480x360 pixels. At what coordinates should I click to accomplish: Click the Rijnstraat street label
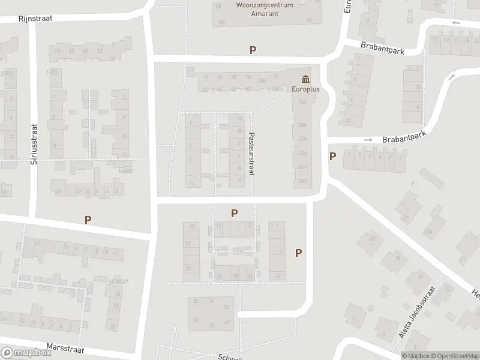pos(35,18)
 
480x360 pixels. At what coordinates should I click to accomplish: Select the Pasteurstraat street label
pos(252,154)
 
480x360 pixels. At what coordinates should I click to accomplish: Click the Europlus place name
pos(306,89)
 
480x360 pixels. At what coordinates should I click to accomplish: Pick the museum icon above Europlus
pos(306,79)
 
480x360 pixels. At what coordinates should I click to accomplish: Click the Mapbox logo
pos(25,353)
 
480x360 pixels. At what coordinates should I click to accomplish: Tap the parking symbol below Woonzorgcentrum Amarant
pos(253,50)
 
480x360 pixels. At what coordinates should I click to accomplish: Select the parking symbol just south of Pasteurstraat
pos(235,213)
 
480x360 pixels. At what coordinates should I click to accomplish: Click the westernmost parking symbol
pos(88,220)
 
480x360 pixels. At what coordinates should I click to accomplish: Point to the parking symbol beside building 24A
pos(332,157)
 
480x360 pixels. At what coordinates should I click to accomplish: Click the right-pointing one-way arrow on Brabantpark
pos(368,140)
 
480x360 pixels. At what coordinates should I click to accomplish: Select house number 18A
pos(302,102)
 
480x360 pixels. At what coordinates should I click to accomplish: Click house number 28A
pos(302,181)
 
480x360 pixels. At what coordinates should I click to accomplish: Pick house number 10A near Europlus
pos(261,79)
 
